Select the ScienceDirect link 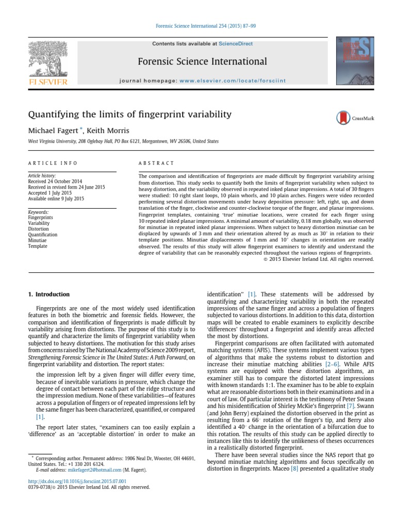[x=236, y=44]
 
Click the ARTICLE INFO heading [x=52, y=163]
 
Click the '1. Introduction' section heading [x=48, y=294]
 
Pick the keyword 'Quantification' [x=43, y=235]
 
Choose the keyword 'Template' [x=38, y=246]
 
